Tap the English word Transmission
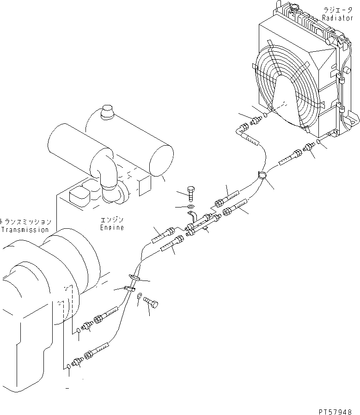[x=24, y=229]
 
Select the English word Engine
[x=112, y=227]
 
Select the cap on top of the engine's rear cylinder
[x=108, y=111]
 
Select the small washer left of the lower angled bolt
[x=139, y=302]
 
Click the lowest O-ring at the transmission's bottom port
[x=69, y=366]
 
